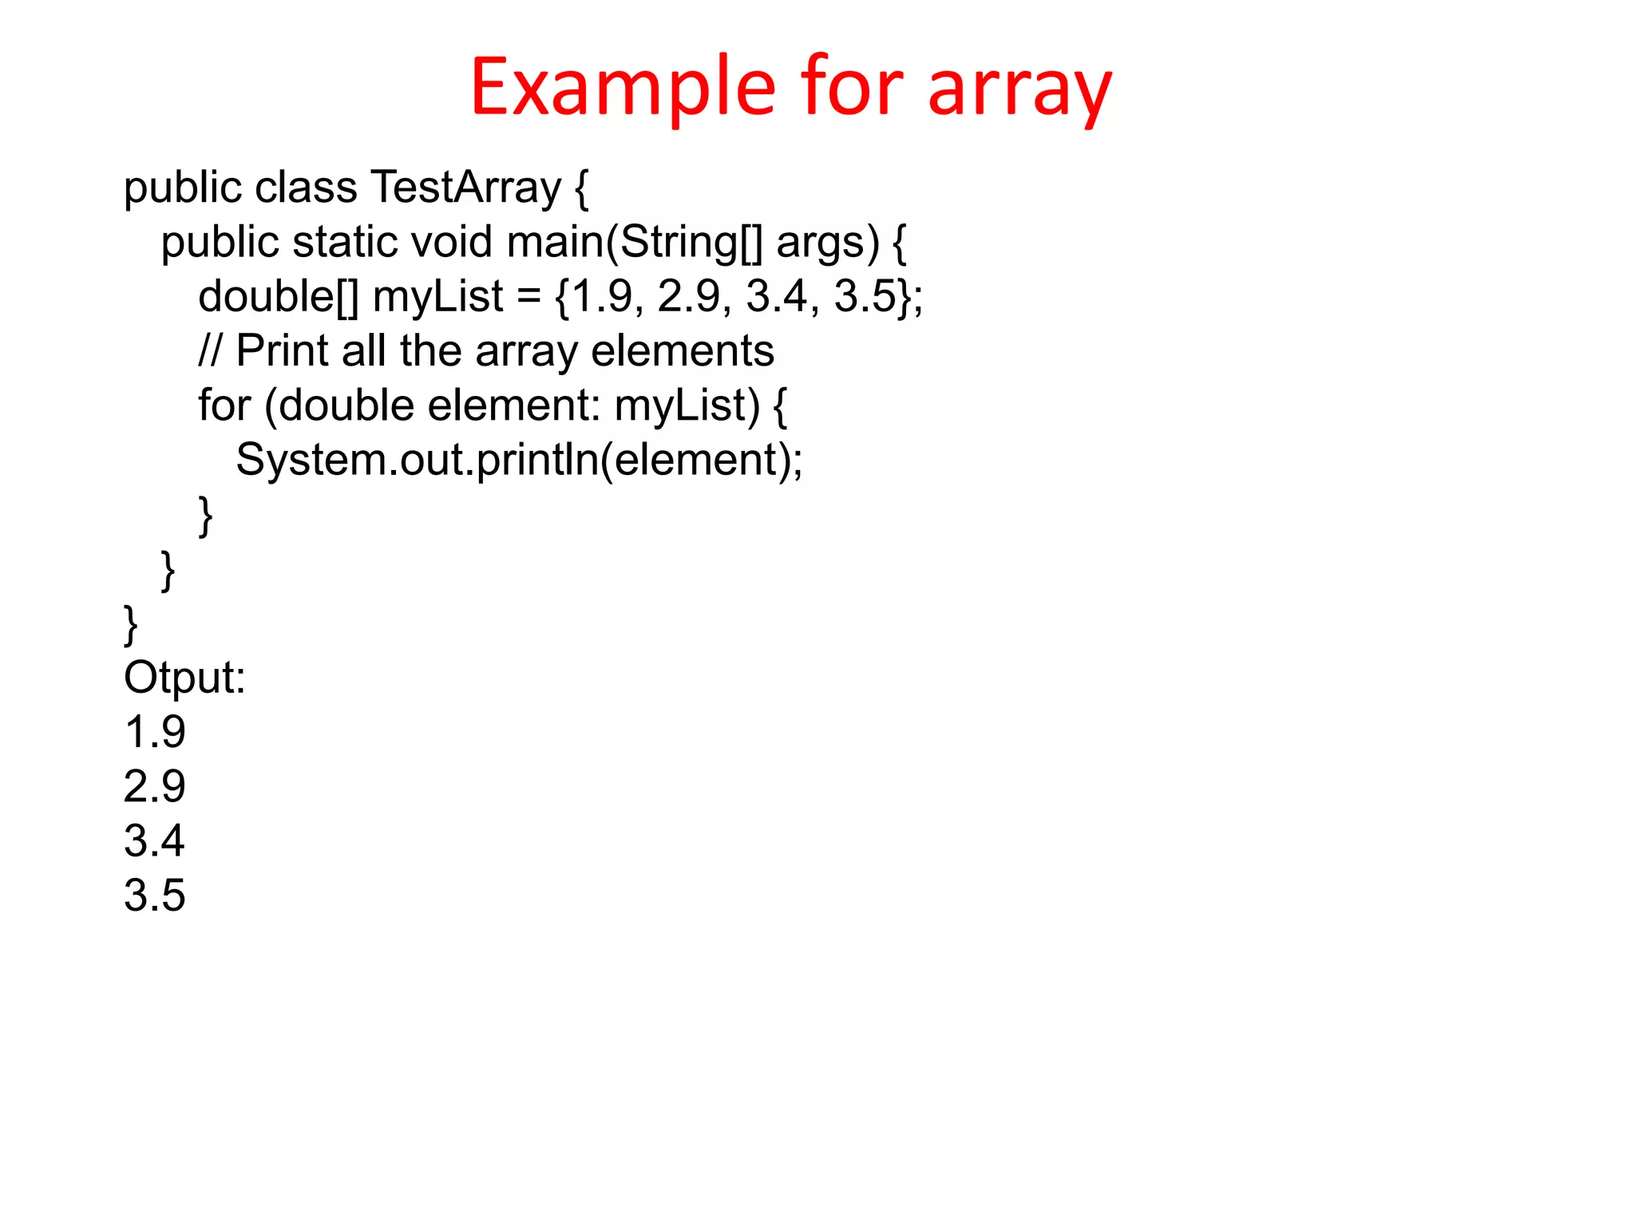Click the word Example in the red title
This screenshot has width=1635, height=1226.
pyautogui.click(x=623, y=88)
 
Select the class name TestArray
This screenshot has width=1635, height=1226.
pyautogui.click(x=466, y=188)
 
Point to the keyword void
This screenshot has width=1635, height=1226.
pyautogui.click(x=450, y=243)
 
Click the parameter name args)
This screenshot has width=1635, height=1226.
pyautogui.click(x=827, y=243)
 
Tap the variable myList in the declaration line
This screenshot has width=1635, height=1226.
pyautogui.click(x=437, y=297)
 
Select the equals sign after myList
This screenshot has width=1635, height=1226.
pyautogui.click(x=529, y=297)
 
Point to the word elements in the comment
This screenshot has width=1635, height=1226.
pyautogui.click(x=683, y=351)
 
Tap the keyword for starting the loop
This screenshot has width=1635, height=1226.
pyautogui.click(x=224, y=405)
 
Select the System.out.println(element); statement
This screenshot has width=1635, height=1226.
pyautogui.click(x=519, y=461)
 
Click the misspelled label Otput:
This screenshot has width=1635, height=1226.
pyautogui.click(x=184, y=678)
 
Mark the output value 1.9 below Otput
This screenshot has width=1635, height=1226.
pyautogui.click(x=155, y=733)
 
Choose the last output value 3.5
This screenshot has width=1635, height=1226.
pyautogui.click(x=155, y=896)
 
